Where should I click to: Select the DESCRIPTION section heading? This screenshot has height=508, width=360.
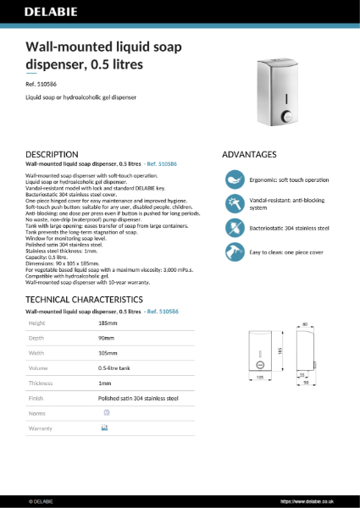tap(53, 154)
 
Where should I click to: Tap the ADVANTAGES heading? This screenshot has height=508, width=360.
tap(249, 154)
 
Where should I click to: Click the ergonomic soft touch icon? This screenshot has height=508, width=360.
tap(234, 180)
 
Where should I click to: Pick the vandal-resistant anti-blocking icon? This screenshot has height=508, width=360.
tap(234, 204)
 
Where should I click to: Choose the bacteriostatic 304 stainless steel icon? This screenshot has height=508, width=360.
tap(234, 228)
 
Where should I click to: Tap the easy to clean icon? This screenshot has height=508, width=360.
tap(234, 251)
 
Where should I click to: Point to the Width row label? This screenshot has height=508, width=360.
tap(36, 353)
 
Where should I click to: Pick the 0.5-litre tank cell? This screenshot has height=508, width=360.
tap(115, 368)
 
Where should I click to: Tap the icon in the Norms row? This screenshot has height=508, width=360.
tap(106, 412)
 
